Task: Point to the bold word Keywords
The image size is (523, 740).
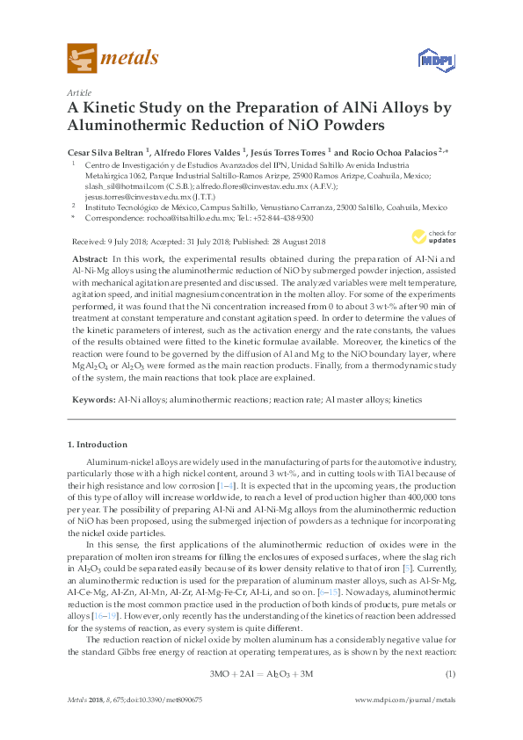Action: click(x=91, y=400)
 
